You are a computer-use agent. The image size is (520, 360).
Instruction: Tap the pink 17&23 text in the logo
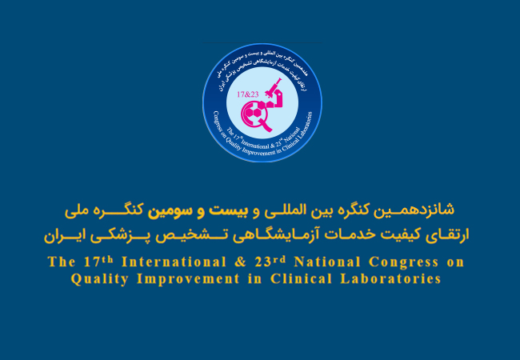pyautogui.click(x=250, y=94)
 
